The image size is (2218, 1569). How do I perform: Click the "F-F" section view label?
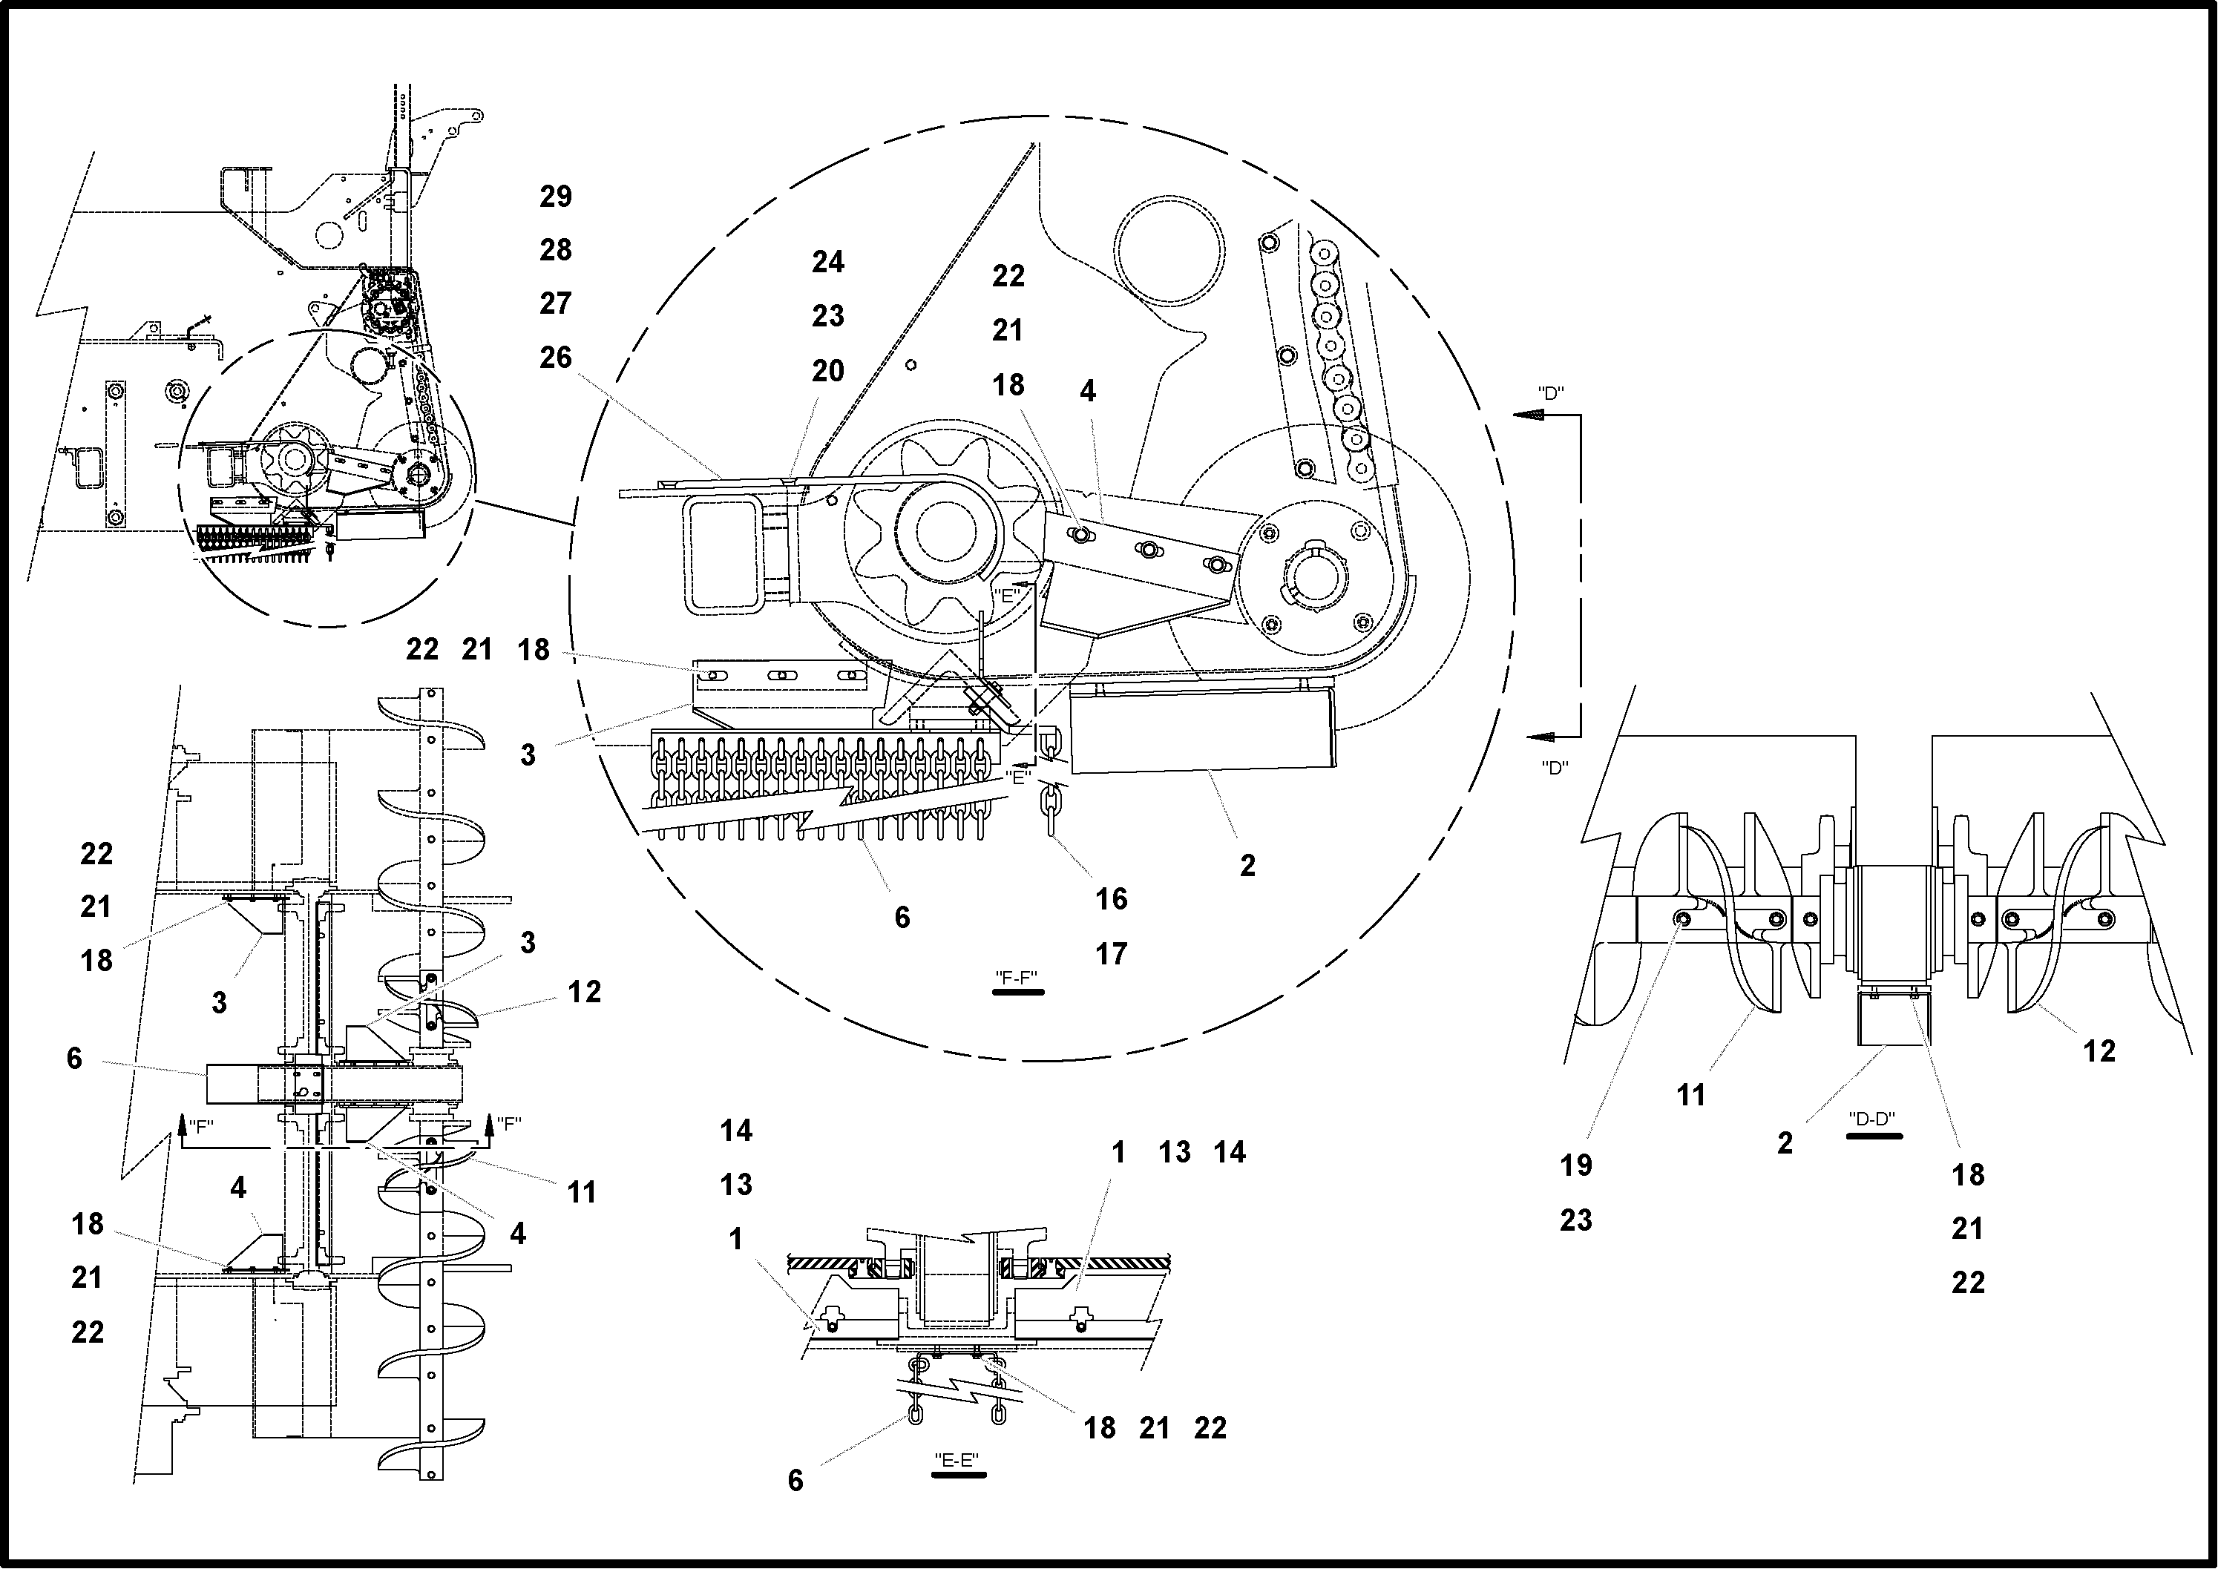[1017, 977]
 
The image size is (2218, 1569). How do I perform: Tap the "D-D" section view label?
[1873, 1119]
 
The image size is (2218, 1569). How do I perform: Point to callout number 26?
[556, 358]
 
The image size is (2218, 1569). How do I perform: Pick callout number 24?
[828, 262]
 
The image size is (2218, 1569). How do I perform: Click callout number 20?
[828, 371]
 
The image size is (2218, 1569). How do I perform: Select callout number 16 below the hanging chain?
[1112, 899]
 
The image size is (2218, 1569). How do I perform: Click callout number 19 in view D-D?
[1576, 1166]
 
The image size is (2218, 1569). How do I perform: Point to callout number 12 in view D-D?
[2099, 1051]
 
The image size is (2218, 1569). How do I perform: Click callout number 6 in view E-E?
[795, 1480]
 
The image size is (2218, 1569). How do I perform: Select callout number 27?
[556, 303]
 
